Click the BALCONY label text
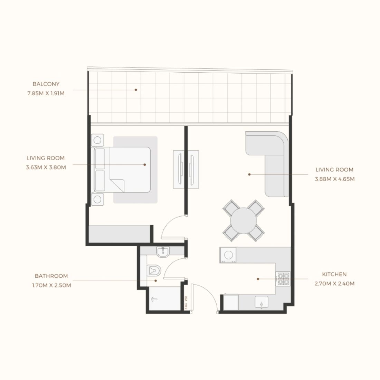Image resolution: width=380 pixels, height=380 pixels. tap(46, 84)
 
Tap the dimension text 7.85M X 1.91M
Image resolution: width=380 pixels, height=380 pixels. tap(46, 93)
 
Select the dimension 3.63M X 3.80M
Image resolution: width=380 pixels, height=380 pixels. tap(46, 167)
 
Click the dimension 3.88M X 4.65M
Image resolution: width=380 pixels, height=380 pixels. tap(335, 179)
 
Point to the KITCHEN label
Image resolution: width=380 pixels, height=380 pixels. tap(334, 274)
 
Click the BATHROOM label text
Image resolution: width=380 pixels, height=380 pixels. tap(51, 276)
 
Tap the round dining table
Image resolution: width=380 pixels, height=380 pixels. tap(244, 220)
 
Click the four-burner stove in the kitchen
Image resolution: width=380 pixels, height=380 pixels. tap(283, 279)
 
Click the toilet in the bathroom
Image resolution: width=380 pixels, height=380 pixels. tap(154, 270)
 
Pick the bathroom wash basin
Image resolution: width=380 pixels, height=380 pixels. tap(163, 252)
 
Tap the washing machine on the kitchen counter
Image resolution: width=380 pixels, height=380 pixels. tap(228, 255)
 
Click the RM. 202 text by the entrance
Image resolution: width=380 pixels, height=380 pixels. tap(186, 303)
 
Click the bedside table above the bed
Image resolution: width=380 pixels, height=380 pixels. tap(97, 140)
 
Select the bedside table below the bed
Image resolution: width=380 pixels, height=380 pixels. tap(97, 199)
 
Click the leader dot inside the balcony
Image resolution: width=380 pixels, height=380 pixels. tap(136, 90)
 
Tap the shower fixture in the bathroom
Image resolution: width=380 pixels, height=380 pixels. tap(154, 299)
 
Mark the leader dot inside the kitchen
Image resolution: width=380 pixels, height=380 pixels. tap(258, 279)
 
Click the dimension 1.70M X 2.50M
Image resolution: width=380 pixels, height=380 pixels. tap(51, 285)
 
